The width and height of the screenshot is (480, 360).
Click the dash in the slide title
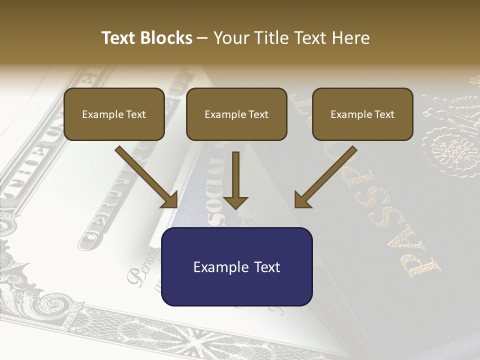pyautogui.click(x=202, y=38)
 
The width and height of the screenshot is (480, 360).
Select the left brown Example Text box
pyautogui.click(x=114, y=114)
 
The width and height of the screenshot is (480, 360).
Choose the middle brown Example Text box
pyautogui.click(x=236, y=114)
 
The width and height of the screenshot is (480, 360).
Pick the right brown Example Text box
pyautogui.click(x=362, y=114)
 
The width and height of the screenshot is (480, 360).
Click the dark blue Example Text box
pyautogui.click(x=236, y=266)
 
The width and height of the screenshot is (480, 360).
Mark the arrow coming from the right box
pyautogui.click(x=325, y=177)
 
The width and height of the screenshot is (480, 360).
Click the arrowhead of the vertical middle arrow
pyautogui.click(x=235, y=201)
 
